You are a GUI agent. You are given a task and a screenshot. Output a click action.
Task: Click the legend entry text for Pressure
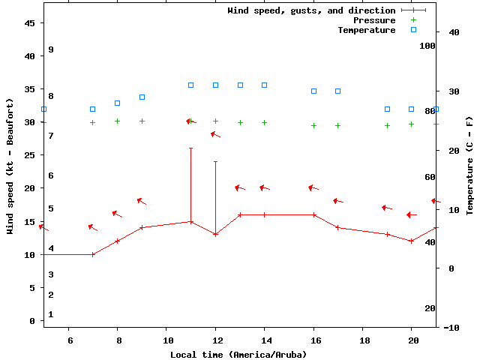click(x=374, y=20)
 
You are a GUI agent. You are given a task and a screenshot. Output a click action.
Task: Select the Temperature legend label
click(x=366, y=30)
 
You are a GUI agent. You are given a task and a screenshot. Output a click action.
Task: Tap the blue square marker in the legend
click(x=413, y=30)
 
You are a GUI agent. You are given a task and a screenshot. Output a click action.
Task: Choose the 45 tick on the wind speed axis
click(x=30, y=23)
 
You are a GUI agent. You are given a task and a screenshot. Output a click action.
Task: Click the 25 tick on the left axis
click(x=30, y=155)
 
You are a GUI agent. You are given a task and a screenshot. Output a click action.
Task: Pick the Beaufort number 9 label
click(x=51, y=49)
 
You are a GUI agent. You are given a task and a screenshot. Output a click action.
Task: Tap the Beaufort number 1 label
click(x=51, y=314)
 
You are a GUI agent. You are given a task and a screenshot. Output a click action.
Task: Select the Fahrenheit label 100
click(x=427, y=46)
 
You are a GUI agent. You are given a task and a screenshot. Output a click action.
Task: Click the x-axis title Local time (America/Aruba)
click(x=239, y=354)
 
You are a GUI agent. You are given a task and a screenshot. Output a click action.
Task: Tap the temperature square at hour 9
click(x=142, y=97)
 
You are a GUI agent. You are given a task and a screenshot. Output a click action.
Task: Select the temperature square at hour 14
click(x=264, y=85)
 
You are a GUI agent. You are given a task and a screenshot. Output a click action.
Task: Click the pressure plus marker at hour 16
click(x=313, y=126)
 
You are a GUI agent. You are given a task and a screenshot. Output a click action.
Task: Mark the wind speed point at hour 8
click(x=117, y=241)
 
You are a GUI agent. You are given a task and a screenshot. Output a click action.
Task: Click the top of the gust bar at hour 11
click(x=190, y=148)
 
